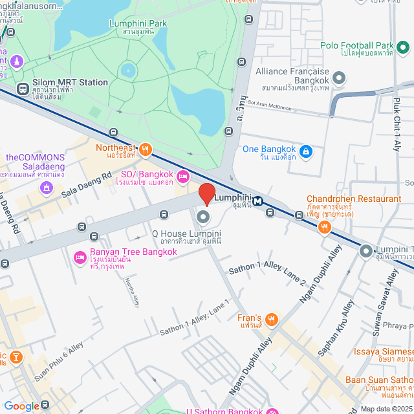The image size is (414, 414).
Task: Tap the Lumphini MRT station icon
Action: pos(257,201)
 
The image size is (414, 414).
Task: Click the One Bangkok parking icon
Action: pos(306,153)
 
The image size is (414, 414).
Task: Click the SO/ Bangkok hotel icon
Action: pos(183,176)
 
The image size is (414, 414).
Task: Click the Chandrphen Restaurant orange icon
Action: pos(324,227)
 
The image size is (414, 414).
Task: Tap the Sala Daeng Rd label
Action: pos(87,184)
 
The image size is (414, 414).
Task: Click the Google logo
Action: pos(21,406)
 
